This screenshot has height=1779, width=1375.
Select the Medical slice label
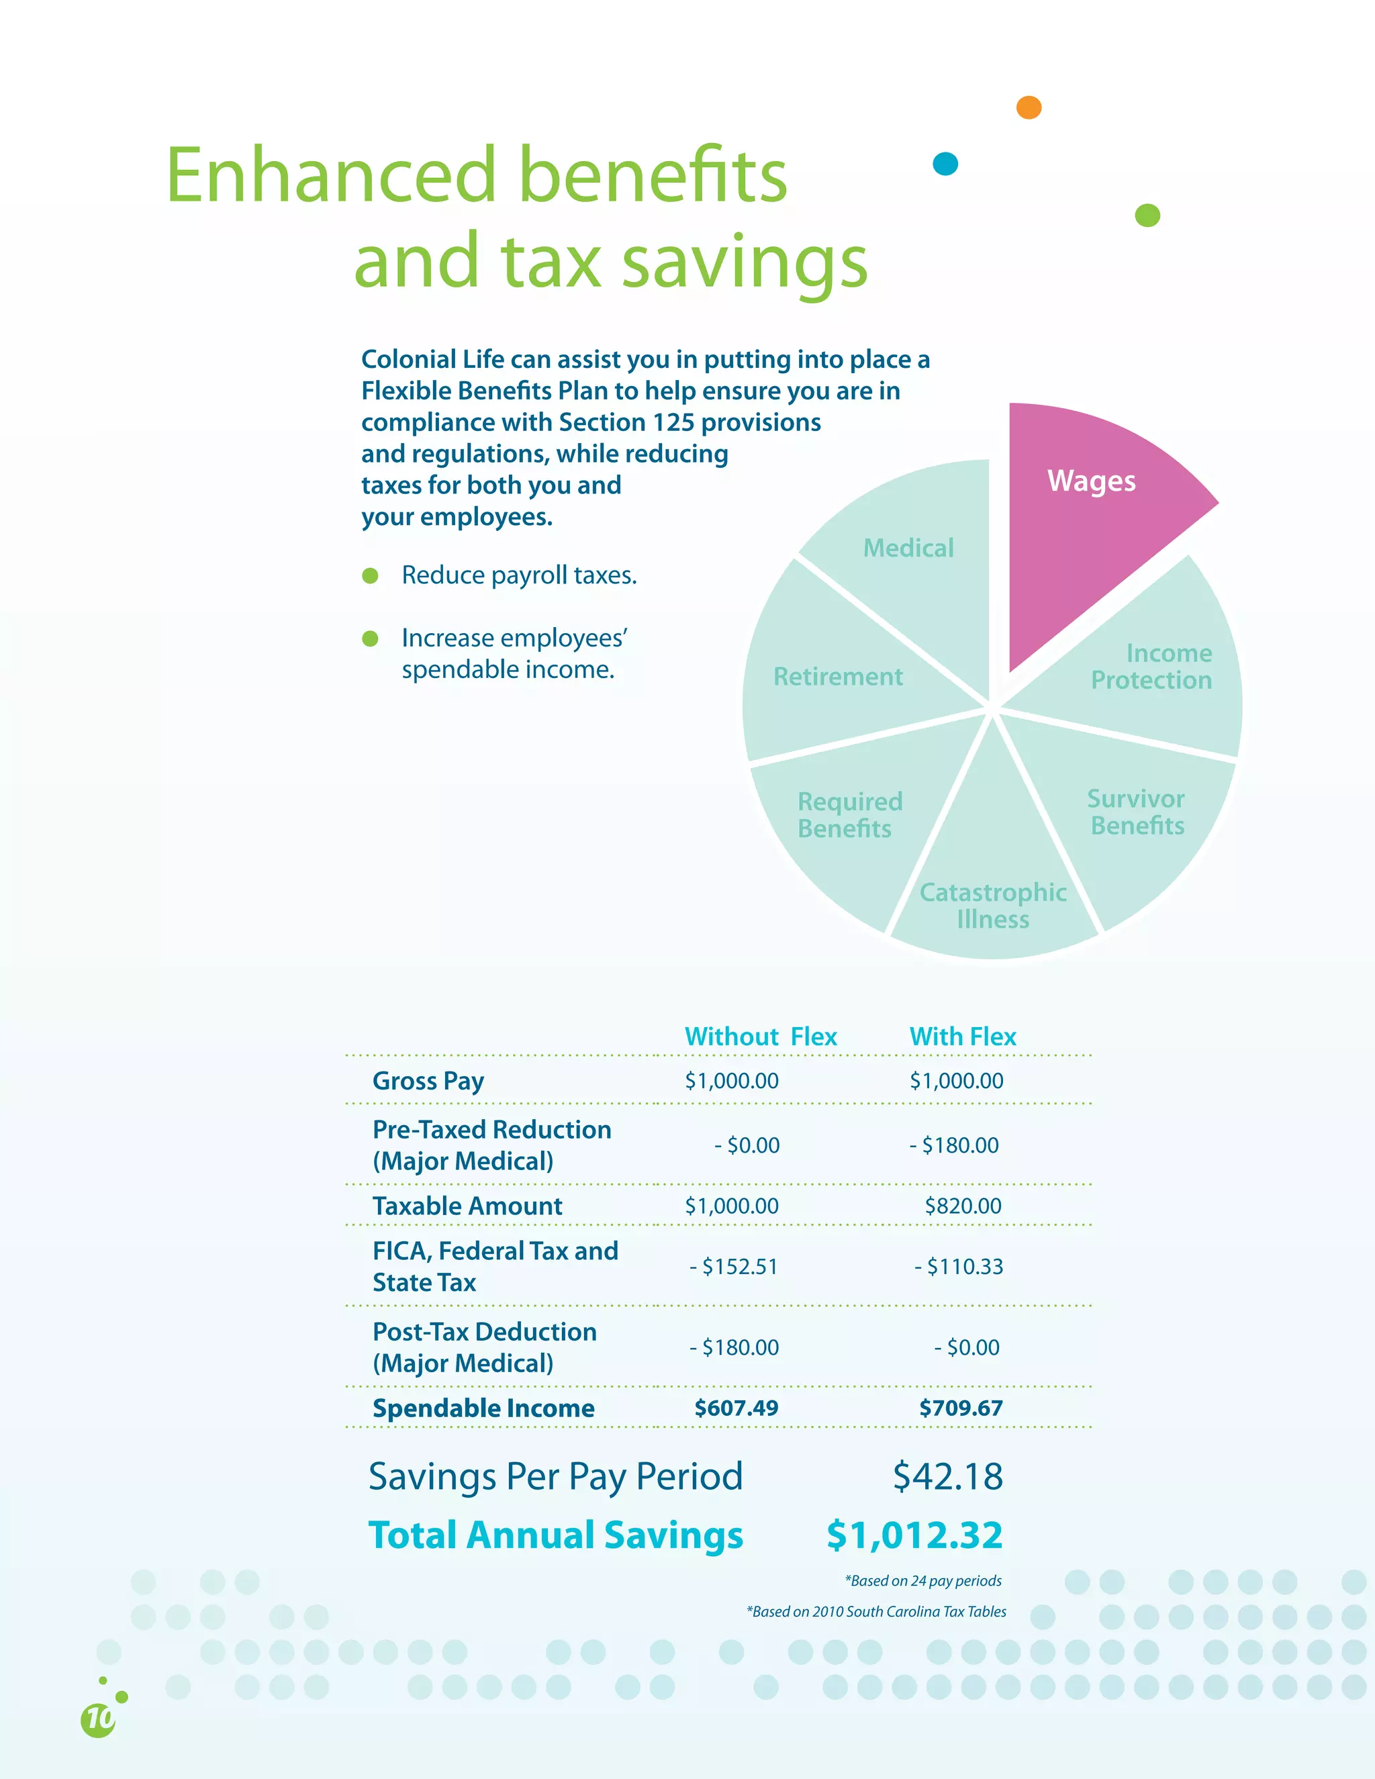pyautogui.click(x=908, y=548)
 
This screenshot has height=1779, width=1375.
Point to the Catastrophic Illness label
pyautogui.click(x=992, y=906)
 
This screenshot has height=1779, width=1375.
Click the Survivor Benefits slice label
pyautogui.click(x=1137, y=812)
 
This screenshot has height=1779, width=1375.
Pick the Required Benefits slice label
pyautogui.click(x=849, y=814)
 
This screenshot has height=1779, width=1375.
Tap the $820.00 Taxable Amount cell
pyautogui.click(x=962, y=1206)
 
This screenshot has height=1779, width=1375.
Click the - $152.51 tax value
pyautogui.click(x=733, y=1267)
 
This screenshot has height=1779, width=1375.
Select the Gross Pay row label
pyautogui.click(x=428, y=1081)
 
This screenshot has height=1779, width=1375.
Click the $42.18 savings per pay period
pyautogui.click(x=947, y=1476)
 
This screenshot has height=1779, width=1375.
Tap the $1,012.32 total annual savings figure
pyautogui.click(x=914, y=1535)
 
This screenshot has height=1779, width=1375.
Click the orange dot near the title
pyautogui.click(x=1029, y=107)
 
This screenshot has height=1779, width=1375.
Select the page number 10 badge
pyautogui.click(x=99, y=1719)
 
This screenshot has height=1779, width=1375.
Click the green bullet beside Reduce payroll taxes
pyautogui.click(x=370, y=576)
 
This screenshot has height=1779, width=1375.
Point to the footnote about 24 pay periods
pyautogui.click(x=923, y=1580)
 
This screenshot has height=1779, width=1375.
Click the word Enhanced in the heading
pyautogui.click(x=330, y=175)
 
